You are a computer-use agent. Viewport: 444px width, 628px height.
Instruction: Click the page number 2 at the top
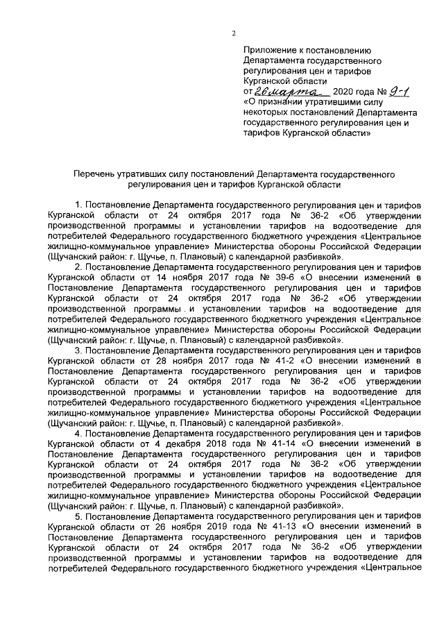click(234, 33)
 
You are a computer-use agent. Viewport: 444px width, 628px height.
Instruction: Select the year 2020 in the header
click(345, 92)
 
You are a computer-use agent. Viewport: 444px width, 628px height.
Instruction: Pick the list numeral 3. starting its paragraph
click(79, 351)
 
